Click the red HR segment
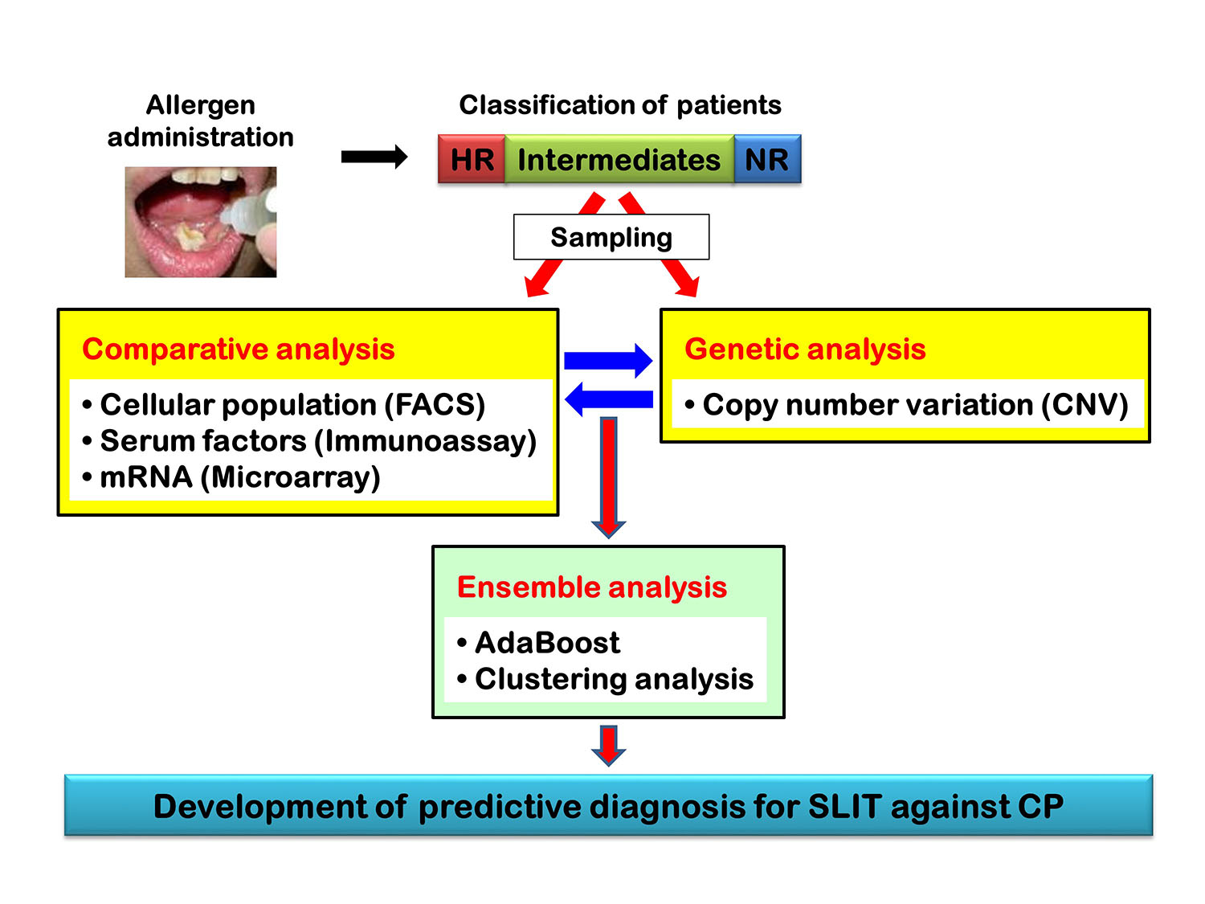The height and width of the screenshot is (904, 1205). [x=471, y=158]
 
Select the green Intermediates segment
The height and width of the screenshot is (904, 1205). [x=619, y=158]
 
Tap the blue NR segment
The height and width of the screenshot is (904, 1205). [x=767, y=158]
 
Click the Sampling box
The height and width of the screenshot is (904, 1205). [x=611, y=236]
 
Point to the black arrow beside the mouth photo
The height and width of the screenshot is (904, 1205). [x=374, y=157]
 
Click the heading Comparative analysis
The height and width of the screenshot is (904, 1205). [x=239, y=349]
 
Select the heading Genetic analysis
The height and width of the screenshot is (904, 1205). [x=805, y=349]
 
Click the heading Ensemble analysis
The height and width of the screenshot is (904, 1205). [x=592, y=587]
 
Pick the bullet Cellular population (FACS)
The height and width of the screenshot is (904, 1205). [x=284, y=405]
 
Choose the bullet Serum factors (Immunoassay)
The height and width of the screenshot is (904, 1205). [x=309, y=441]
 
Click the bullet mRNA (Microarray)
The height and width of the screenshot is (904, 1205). [x=231, y=477]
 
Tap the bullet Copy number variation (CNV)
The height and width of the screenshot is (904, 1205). [x=906, y=405]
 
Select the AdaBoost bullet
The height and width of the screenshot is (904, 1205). [x=538, y=643]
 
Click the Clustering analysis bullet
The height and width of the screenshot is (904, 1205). [x=605, y=679]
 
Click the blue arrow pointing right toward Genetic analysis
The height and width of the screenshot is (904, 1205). [x=608, y=361]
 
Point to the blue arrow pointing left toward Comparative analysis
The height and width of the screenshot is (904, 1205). [x=608, y=399]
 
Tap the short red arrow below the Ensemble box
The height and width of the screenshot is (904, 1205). [x=608, y=746]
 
